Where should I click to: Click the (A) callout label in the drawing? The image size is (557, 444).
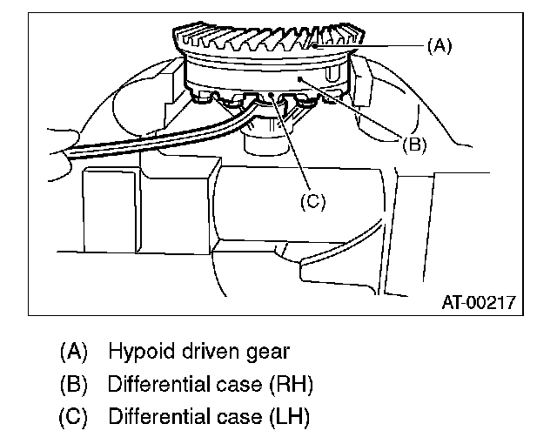coord(440,46)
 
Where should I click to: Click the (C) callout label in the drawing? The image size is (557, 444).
coord(312,201)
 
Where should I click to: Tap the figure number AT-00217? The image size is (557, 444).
coord(477,302)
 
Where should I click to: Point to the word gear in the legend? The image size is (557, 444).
coord(266,353)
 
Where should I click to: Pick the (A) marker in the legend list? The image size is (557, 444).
coord(74,353)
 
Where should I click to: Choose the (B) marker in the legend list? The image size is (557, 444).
coord(74,384)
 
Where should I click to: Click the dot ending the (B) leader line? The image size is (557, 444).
coord(300,77)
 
